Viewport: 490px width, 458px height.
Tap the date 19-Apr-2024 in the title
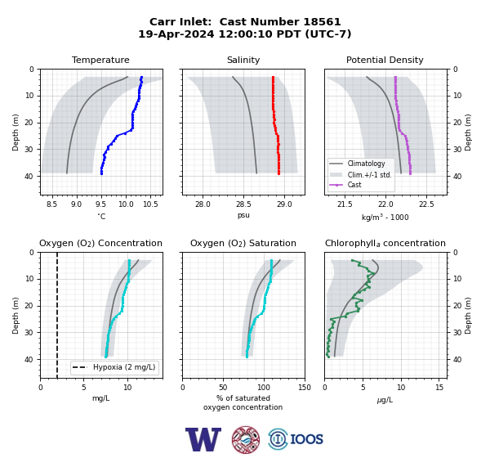[176, 34]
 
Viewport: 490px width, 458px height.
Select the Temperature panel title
[100, 60]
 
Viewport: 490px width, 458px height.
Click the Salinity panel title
[243, 60]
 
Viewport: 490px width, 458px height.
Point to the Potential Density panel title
[385, 60]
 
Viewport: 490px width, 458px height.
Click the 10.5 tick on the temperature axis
[150, 204]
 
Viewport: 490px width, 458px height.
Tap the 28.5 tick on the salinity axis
[243, 204]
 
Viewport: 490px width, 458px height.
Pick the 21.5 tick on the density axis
[345, 204]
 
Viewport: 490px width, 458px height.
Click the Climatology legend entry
[366, 164]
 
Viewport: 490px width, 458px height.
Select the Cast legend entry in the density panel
[354, 185]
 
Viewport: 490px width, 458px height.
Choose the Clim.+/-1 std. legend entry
[369, 174]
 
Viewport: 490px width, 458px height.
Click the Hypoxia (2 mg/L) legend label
[124, 367]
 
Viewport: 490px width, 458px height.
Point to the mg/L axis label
[100, 398]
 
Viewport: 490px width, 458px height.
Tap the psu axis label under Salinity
[243, 215]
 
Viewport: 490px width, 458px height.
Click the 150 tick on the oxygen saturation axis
[305, 388]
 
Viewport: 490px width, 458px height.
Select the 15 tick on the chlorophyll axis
[439, 388]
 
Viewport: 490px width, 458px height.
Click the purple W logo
[203, 439]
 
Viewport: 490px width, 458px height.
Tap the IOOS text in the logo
[306, 439]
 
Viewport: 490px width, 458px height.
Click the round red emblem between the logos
[246, 439]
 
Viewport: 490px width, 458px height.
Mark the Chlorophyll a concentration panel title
[385, 243]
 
